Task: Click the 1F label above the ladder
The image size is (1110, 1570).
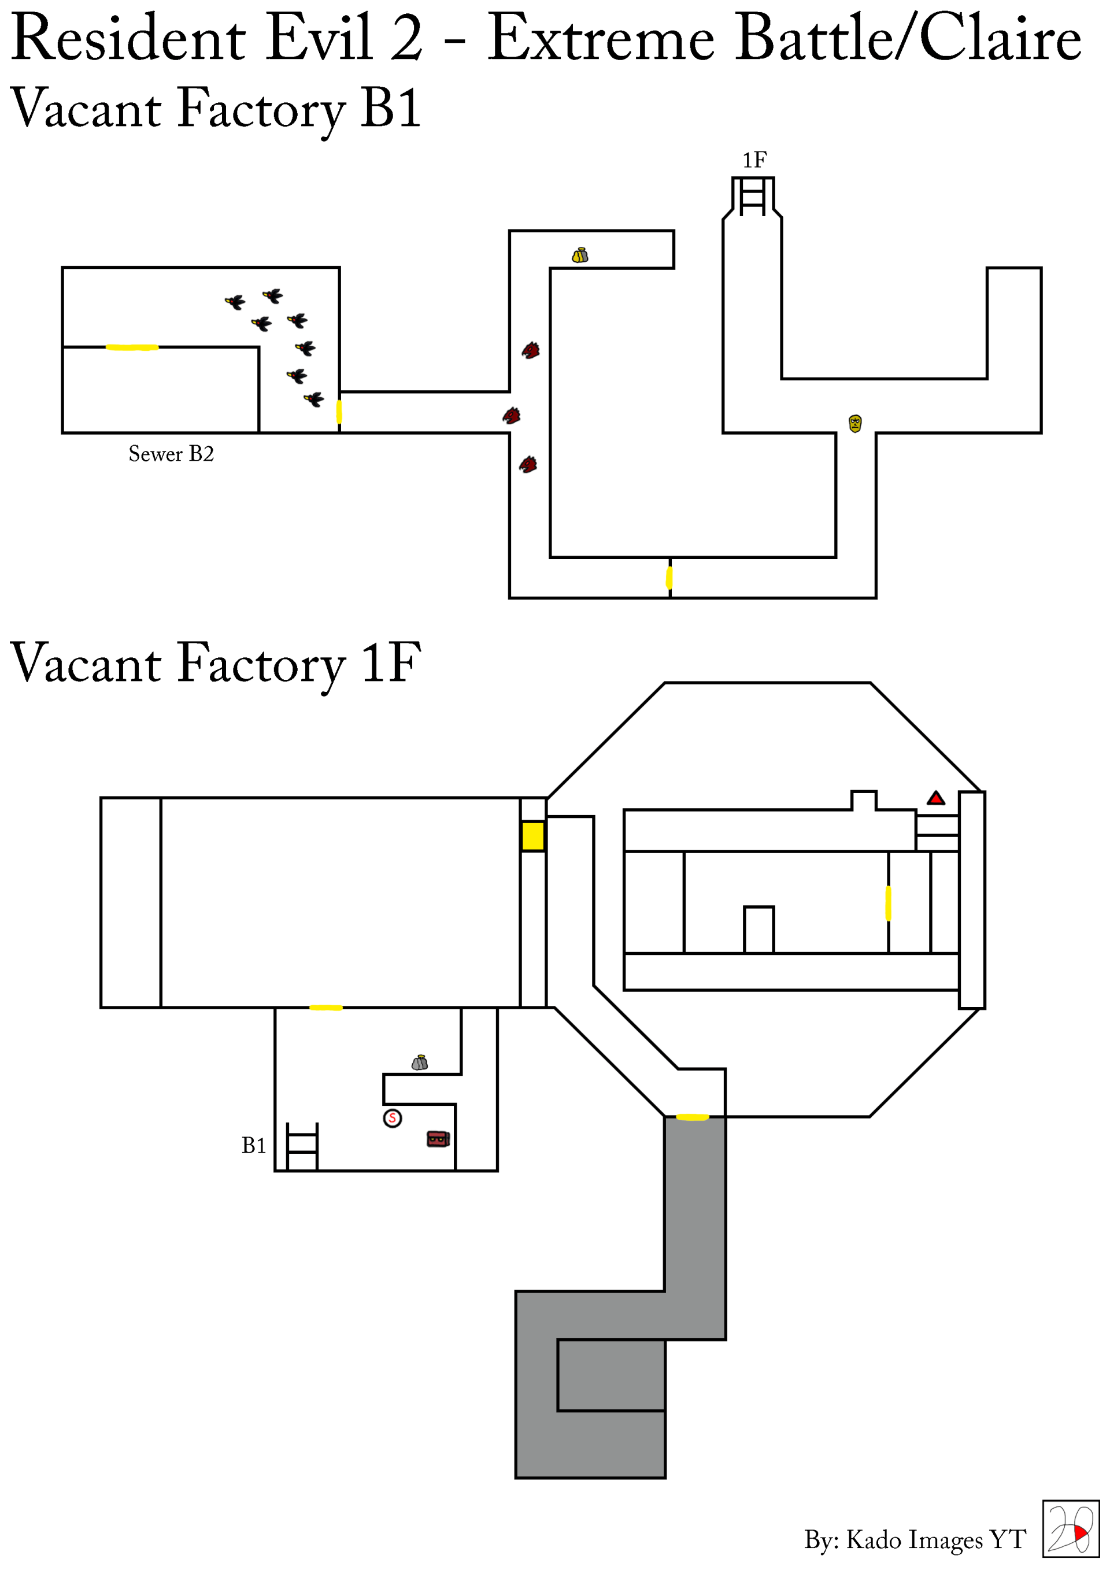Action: point(754,160)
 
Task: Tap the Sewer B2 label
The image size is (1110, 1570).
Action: point(171,454)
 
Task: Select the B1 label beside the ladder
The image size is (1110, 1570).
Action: point(253,1145)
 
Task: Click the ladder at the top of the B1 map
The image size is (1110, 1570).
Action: point(753,197)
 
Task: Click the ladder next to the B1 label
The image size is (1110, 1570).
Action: point(302,1147)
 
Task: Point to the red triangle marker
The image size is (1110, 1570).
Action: point(935,798)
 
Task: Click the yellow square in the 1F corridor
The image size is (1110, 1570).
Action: point(533,836)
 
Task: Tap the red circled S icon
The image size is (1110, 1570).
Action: point(392,1118)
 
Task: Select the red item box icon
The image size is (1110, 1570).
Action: point(438,1139)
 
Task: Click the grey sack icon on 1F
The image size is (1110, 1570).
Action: point(419,1062)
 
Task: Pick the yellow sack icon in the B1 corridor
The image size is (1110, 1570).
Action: point(580,255)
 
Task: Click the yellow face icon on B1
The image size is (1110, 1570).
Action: point(855,423)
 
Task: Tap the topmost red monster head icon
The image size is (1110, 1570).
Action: point(531,351)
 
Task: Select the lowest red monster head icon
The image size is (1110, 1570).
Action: point(528,465)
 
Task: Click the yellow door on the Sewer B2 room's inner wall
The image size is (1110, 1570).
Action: point(132,347)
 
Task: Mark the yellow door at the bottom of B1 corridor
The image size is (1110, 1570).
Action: point(669,578)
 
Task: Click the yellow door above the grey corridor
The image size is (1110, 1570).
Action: point(692,1117)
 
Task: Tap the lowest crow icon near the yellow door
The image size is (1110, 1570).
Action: point(314,399)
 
